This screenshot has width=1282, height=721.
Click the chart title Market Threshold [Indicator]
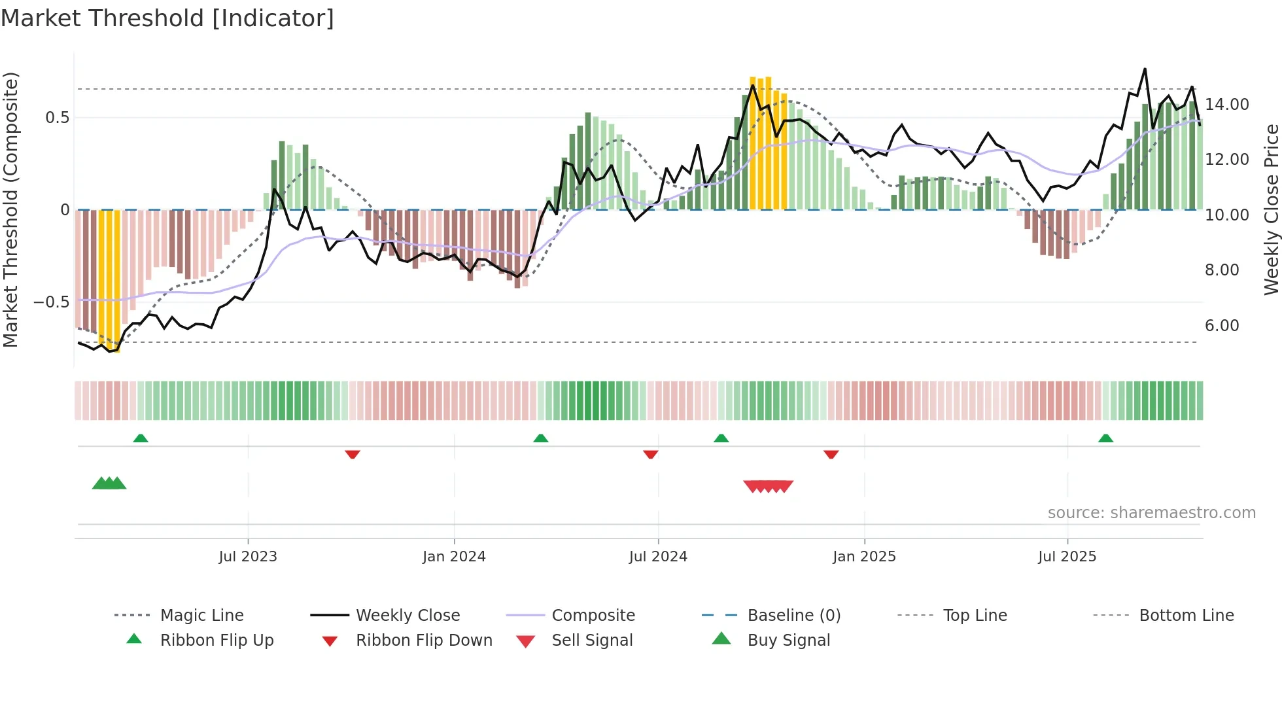167,18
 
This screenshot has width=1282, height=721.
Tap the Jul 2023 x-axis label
248,557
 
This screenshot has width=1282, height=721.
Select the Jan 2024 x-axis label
454,557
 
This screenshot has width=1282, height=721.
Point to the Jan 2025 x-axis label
864,557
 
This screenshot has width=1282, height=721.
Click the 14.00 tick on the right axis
1226,105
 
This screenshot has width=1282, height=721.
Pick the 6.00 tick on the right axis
1221,326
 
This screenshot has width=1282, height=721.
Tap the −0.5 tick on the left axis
51,302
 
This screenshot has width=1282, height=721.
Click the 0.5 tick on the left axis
57,118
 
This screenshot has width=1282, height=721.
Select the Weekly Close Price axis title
1271,209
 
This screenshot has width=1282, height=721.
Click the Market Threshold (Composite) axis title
10,209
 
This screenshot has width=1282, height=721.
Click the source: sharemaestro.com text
1151,513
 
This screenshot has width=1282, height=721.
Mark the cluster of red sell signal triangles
768,486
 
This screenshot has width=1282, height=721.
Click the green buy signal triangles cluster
109,484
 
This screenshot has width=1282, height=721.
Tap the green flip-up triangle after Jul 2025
1105,438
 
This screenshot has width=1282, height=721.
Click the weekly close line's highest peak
1145,69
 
